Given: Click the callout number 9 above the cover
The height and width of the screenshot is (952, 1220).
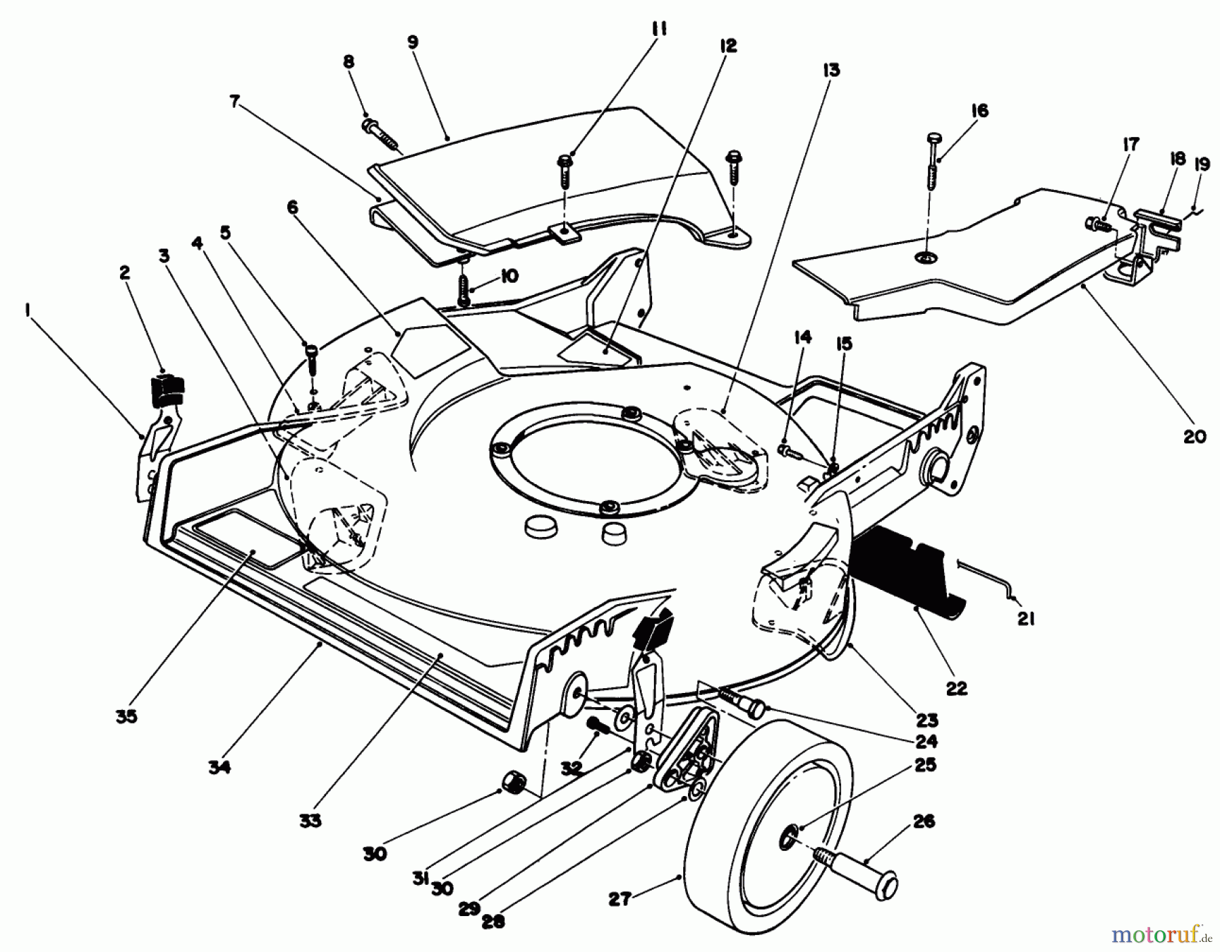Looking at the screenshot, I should pyautogui.click(x=413, y=43).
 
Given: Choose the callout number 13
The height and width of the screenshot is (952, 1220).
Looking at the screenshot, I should pyautogui.click(x=831, y=71).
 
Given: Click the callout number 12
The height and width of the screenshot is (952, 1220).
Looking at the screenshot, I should pyautogui.click(x=728, y=45).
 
